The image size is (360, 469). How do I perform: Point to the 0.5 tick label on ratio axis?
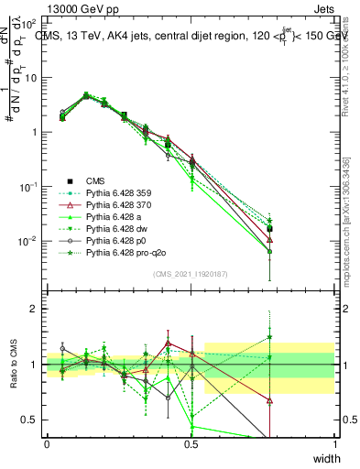point(29,420)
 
